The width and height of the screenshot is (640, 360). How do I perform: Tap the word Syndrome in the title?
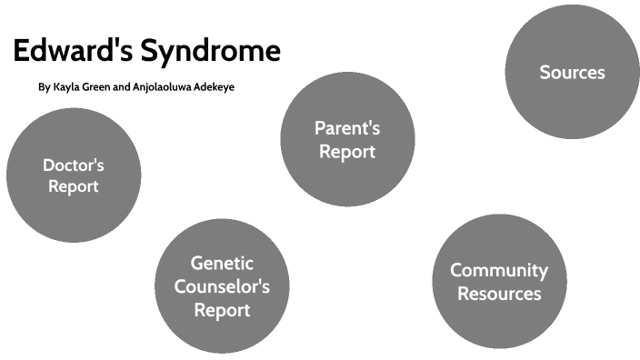[x=208, y=51]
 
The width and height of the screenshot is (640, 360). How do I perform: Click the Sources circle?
[x=572, y=73]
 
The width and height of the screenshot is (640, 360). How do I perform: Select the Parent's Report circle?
[x=347, y=139]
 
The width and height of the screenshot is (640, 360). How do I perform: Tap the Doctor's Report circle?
[x=74, y=175]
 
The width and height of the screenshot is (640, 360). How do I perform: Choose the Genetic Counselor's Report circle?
[x=222, y=286]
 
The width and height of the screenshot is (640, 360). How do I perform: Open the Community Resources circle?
[x=499, y=282]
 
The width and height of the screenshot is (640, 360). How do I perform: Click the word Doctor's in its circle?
[x=74, y=165]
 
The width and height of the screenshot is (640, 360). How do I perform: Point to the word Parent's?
[x=347, y=128]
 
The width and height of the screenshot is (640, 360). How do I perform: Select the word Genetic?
[x=222, y=264]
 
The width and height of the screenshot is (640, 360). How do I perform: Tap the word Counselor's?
[x=222, y=286]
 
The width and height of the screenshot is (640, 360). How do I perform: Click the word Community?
[x=499, y=271]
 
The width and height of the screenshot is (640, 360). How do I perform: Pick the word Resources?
[x=499, y=294]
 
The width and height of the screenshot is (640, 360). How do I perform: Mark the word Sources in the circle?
[x=572, y=73]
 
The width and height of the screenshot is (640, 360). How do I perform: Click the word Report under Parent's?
[x=347, y=152]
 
